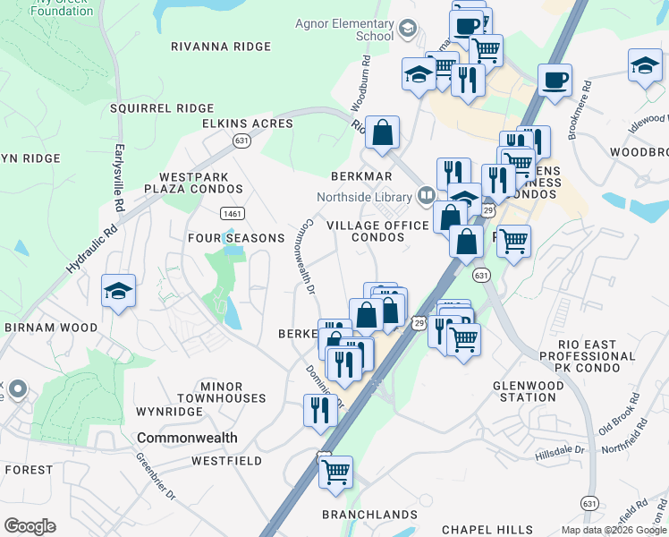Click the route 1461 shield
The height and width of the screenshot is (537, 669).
pyautogui.click(x=232, y=213)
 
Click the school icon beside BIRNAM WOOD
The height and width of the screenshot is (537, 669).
pyautogui.click(x=118, y=291)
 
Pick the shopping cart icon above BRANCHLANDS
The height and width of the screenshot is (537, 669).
pyautogui.click(x=335, y=472)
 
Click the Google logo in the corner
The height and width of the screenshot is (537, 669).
pyautogui.click(x=30, y=526)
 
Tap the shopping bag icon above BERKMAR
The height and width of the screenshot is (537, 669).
pyautogui.click(x=382, y=133)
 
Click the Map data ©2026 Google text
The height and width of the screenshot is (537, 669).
pyautogui.click(x=612, y=530)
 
